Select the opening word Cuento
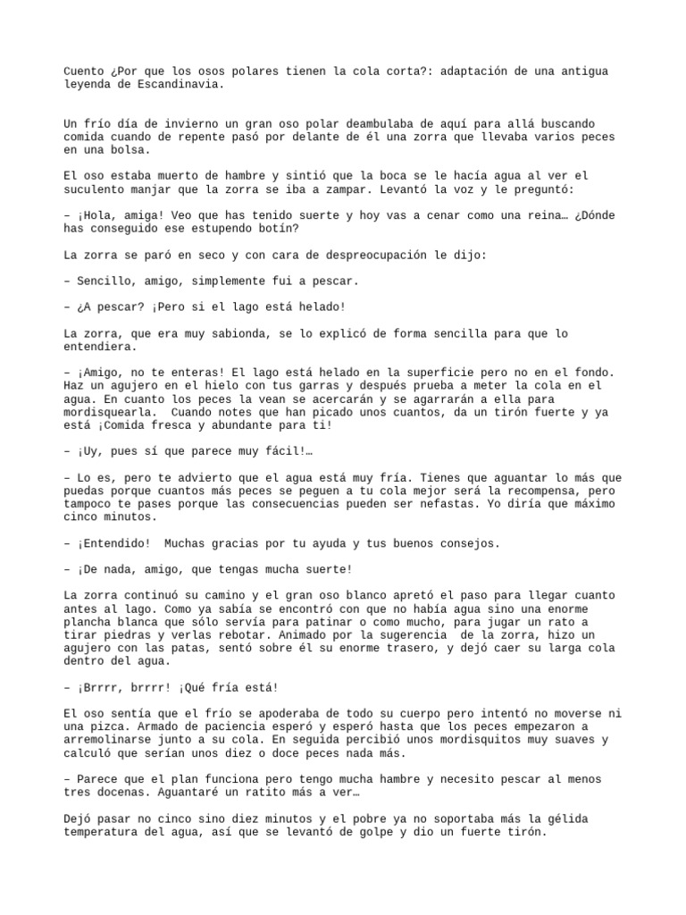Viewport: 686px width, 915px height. (83, 71)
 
